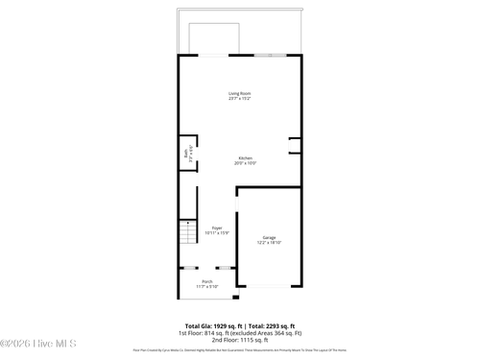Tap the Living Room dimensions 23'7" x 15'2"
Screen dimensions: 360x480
[x=239, y=99]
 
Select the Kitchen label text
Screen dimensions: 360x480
[x=245, y=157]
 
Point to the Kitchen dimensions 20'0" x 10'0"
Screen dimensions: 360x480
[x=245, y=163]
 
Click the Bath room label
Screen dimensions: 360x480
[x=186, y=153]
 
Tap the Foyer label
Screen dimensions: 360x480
[x=217, y=228]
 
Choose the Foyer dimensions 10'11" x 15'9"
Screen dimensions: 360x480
[x=217, y=233]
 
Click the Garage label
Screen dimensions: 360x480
[x=269, y=237]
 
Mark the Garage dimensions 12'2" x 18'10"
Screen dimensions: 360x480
[x=269, y=243]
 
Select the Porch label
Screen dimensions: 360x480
[x=207, y=280]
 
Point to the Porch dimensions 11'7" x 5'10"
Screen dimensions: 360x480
[x=207, y=286]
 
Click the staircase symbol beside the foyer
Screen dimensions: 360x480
[x=186, y=231]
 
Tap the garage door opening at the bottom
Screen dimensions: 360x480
[x=269, y=285]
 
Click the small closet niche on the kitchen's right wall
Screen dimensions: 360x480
[x=296, y=146]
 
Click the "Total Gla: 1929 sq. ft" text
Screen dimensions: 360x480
[x=211, y=325]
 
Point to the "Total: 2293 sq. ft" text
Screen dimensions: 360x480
[x=272, y=325]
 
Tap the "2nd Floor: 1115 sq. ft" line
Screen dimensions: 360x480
[x=239, y=340]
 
